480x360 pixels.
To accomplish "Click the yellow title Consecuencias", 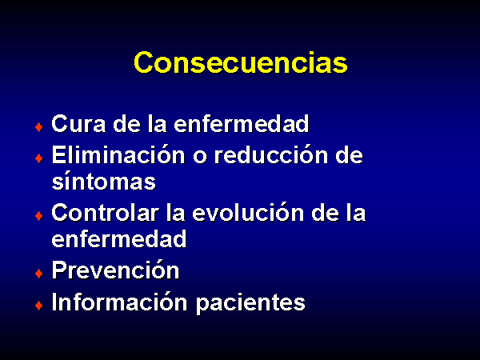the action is tap(241, 62).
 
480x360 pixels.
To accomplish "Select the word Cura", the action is tap(78, 124).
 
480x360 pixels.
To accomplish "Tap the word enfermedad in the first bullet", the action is tap(242, 124).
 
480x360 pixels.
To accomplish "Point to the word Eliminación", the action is tap(118, 154).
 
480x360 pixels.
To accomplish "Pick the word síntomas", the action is tap(104, 182).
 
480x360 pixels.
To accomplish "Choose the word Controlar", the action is tap(106, 212).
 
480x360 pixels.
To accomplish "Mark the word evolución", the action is tap(248, 212).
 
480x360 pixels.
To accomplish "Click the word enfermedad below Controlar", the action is tap(119, 238).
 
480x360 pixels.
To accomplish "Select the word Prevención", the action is tap(115, 270).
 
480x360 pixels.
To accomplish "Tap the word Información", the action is tap(119, 302).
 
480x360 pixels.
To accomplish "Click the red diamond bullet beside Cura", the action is tap(39, 126).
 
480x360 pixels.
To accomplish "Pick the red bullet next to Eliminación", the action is tap(39, 158).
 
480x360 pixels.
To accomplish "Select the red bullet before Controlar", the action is tap(39, 216).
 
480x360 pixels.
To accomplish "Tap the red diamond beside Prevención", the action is tap(39, 273).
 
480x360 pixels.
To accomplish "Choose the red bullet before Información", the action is tap(39, 306).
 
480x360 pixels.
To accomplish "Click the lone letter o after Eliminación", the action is tap(200, 157).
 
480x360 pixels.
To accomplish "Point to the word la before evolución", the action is tap(176, 212).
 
